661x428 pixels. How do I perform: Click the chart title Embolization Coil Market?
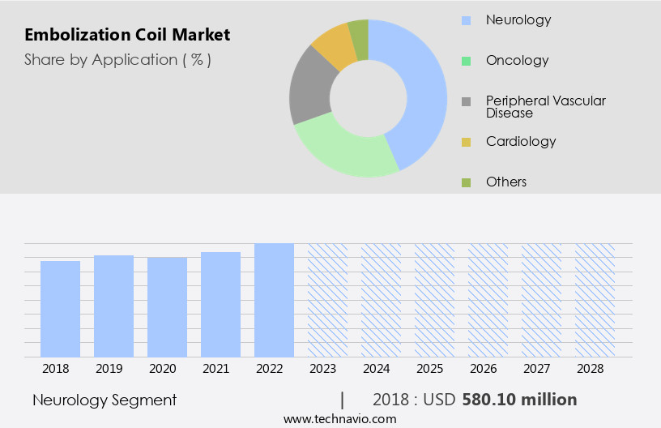127,35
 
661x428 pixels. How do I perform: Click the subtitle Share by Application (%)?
117,59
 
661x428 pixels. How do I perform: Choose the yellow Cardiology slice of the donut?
334,47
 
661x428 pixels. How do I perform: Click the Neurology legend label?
518,19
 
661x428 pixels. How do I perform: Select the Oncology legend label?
517,60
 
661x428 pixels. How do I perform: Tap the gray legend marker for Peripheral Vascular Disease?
466,101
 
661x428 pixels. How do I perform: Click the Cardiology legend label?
521,141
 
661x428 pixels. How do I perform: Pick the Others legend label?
506,182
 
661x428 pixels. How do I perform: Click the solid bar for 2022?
274,300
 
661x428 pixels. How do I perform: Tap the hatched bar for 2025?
434,300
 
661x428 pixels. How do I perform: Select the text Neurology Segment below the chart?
104,400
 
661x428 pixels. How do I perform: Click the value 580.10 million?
519,400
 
